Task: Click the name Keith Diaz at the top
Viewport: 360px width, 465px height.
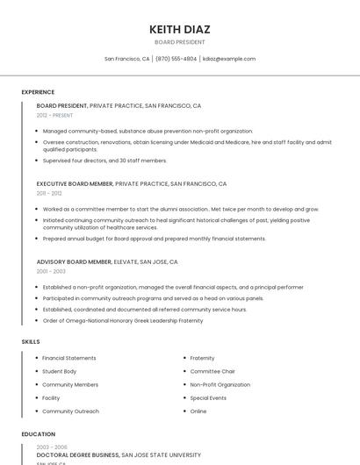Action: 180,29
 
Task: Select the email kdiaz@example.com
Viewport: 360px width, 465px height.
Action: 228,59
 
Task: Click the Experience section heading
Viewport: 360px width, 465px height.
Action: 38,92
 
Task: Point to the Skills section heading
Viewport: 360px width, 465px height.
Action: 31,340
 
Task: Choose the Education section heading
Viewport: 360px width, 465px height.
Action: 38,433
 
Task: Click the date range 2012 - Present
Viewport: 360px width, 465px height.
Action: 54,115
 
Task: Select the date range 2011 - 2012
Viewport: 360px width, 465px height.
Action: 49,193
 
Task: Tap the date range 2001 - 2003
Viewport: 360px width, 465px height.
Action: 51,271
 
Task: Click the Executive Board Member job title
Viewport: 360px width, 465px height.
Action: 75,184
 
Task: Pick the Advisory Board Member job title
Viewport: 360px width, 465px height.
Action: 74,261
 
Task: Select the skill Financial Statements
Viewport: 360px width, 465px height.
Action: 69,358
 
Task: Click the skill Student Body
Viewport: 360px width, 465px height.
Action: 59,371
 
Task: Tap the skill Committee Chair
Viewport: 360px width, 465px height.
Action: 212,371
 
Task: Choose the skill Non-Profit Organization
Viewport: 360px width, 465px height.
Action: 220,384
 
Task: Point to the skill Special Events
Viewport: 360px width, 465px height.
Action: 208,397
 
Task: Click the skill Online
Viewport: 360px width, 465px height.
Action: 198,411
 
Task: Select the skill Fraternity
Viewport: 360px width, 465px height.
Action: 202,358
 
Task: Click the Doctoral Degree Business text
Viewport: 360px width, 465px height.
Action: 77,455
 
